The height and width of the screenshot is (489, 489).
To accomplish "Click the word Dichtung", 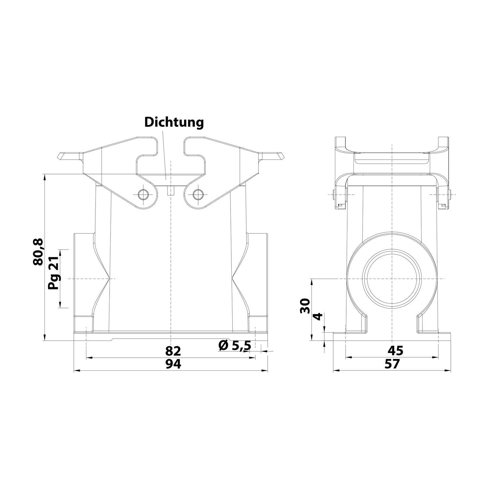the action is click(x=174, y=122).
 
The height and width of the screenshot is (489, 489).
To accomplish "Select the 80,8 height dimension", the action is click(x=38, y=252).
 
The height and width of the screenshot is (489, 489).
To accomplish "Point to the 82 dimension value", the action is click(x=173, y=351).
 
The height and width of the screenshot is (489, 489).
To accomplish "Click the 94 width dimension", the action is click(x=173, y=364).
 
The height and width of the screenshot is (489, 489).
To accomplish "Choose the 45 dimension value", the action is click(x=395, y=350).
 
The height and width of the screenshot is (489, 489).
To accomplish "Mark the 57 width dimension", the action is click(x=392, y=364).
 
